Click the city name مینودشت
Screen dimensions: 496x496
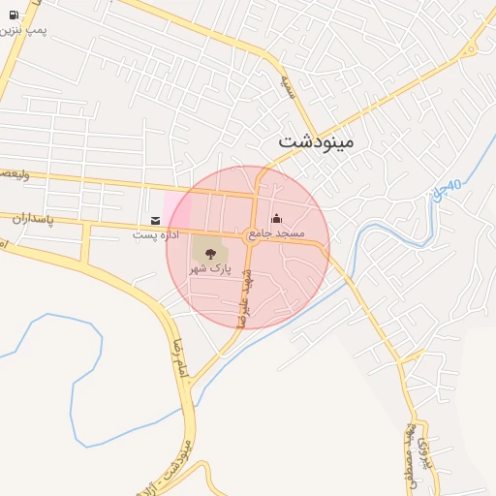point(317,140)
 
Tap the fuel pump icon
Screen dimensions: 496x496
point(14,15)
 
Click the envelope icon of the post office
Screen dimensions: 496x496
point(156,221)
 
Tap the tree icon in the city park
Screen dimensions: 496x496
point(209,254)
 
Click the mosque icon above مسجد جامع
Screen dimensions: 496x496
point(276,219)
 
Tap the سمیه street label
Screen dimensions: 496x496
point(287,88)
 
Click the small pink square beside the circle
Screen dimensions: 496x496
point(177,209)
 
